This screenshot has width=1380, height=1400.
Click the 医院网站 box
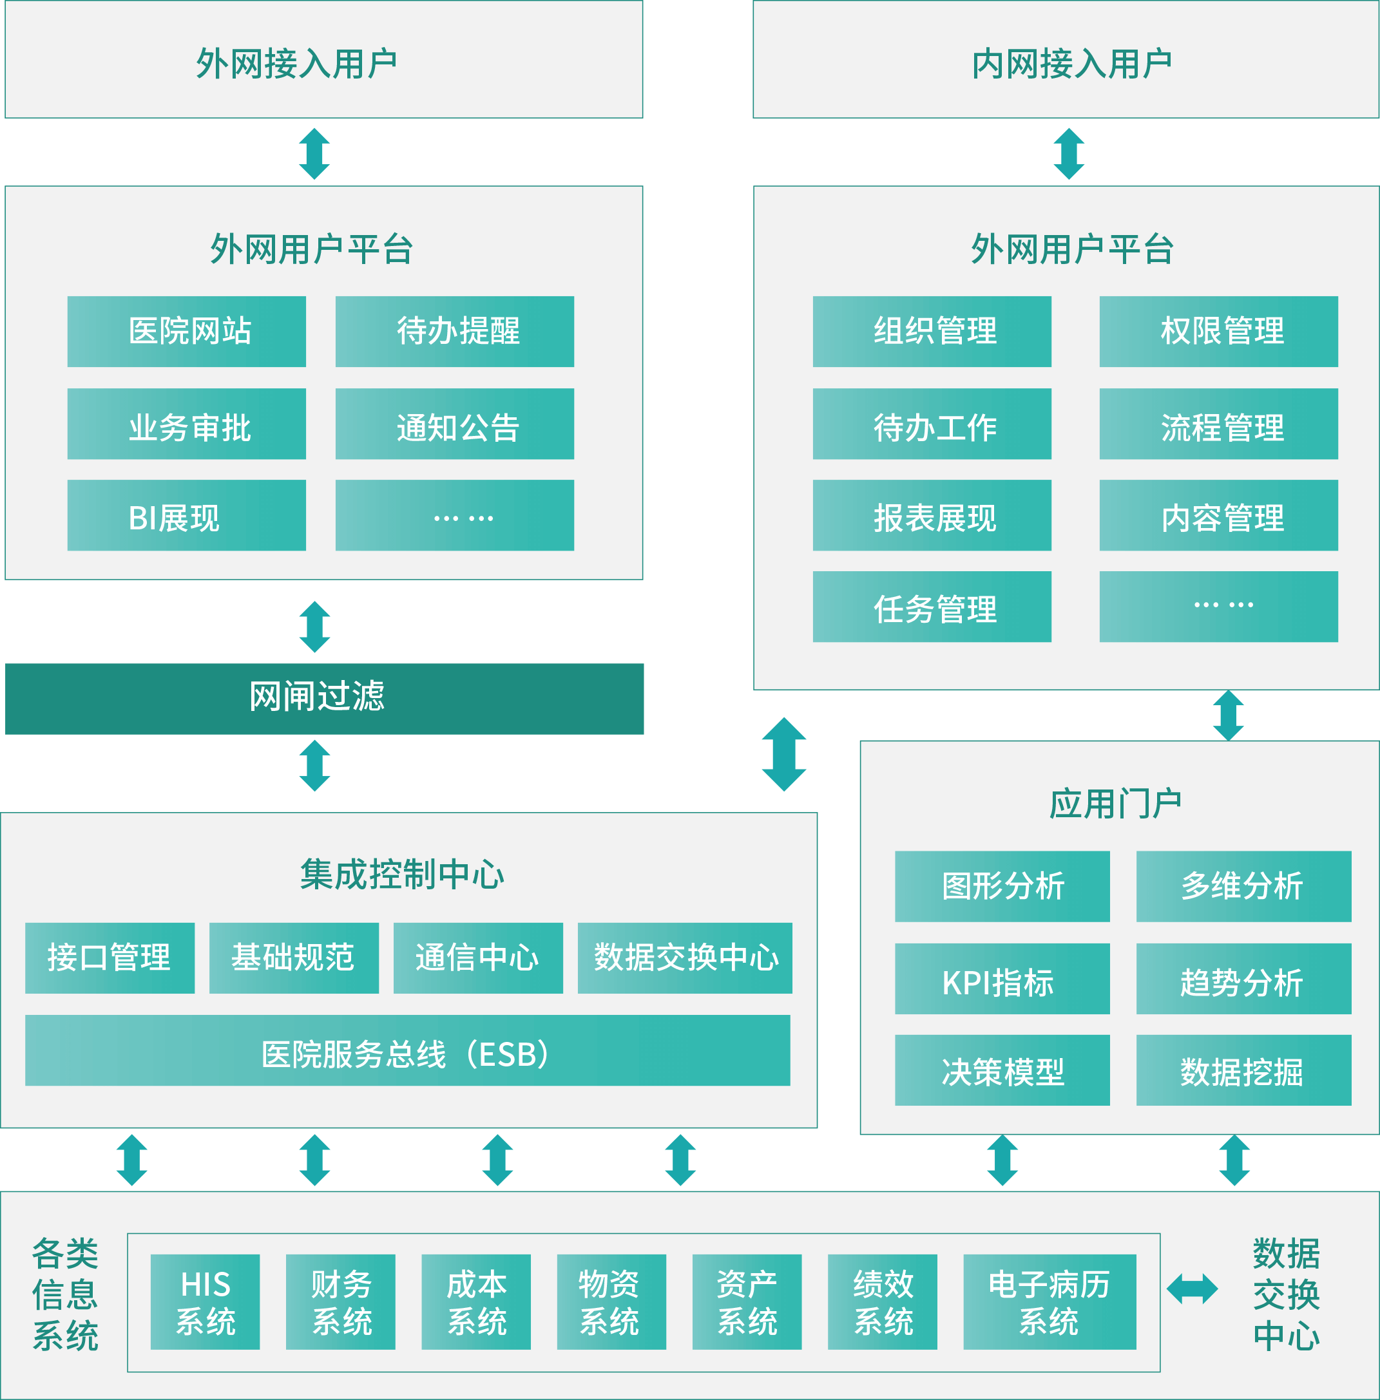tap(186, 331)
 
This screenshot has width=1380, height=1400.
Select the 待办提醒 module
tap(454, 331)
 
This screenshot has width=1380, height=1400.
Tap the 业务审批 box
tap(186, 424)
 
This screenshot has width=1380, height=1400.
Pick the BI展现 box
tap(186, 515)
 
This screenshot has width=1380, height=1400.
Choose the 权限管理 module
tap(1218, 331)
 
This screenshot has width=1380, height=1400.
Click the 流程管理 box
tap(1218, 424)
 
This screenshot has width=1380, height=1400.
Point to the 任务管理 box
tap(932, 607)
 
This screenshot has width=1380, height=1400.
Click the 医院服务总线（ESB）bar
tap(407, 1050)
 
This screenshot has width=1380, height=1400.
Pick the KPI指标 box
tap(1002, 979)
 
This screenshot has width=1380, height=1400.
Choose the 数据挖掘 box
tap(1243, 1070)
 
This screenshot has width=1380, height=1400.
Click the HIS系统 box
tap(205, 1301)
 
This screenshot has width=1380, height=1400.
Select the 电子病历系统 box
tap(1049, 1301)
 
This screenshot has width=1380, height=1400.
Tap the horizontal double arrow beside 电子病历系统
tap(1193, 1289)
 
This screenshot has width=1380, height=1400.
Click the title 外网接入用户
tap(296, 64)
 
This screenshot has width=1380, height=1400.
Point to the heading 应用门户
tap(1115, 804)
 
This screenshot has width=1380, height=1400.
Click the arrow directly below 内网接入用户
tap(1069, 154)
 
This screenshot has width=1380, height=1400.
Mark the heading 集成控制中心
tap(401, 874)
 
